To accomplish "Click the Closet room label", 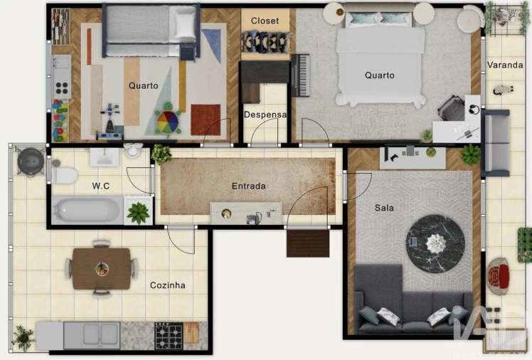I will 265,21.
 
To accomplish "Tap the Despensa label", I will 265,115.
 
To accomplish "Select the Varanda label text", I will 505,65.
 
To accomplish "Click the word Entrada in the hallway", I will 248,186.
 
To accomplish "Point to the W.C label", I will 100,186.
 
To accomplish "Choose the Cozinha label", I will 168,285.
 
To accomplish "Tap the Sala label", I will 384,208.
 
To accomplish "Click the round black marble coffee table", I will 435,243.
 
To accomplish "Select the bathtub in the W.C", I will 87,211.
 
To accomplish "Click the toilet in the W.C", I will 64,174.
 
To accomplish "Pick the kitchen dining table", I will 101,268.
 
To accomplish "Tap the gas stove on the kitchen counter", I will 169,334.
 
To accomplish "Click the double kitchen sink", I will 92,334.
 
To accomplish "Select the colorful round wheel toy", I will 168,119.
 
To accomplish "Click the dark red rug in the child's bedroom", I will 205,120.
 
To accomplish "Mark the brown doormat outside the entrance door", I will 307,243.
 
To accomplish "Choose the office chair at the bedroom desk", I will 451,108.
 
